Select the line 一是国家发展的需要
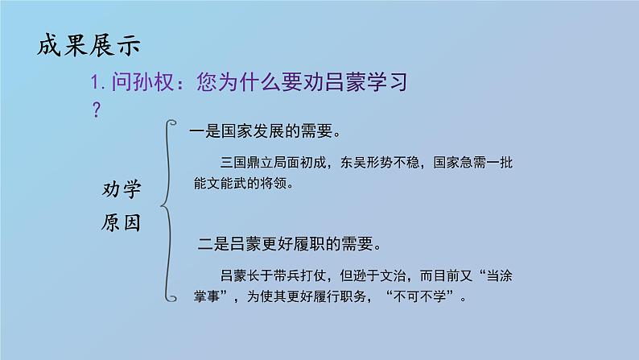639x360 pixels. tap(263, 129)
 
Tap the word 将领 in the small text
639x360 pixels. tap(274, 183)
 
